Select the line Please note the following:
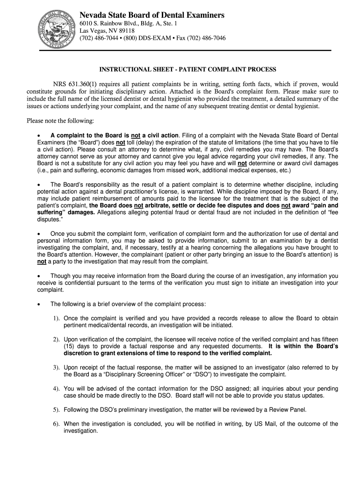point(60,121)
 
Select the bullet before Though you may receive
point(40,276)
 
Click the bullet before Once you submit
point(40,233)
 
